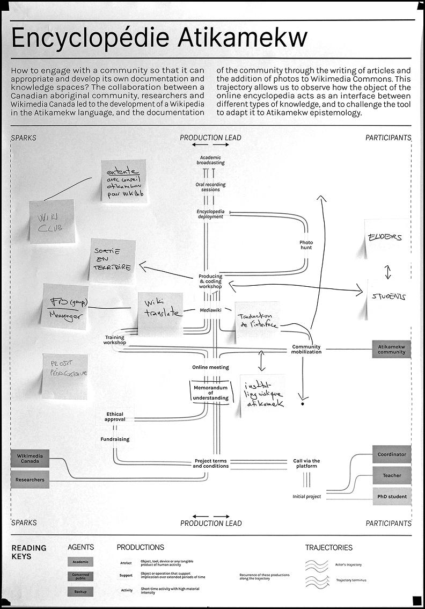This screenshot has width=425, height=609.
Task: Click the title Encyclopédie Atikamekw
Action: [159, 39]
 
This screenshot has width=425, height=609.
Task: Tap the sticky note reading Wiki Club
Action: [52, 221]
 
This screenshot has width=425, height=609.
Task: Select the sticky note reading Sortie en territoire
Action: [112, 261]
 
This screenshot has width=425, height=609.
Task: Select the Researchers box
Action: [30, 480]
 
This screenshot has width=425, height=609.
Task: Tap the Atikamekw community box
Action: [391, 349]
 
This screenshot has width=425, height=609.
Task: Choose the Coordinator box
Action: [392, 454]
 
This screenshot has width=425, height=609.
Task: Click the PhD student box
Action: [392, 497]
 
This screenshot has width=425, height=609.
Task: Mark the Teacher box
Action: [392, 475]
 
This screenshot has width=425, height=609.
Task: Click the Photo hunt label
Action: [306, 245]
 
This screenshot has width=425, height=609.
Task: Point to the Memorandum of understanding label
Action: [210, 393]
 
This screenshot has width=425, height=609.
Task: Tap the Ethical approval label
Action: [114, 417]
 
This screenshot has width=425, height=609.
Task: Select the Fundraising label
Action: [115, 439]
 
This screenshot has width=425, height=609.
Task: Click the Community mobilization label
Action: [306, 349]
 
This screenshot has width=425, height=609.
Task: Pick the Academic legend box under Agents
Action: [80, 562]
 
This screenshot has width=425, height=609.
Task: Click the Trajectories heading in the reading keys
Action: [329, 548]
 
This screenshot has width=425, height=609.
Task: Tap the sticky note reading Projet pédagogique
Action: [65, 376]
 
